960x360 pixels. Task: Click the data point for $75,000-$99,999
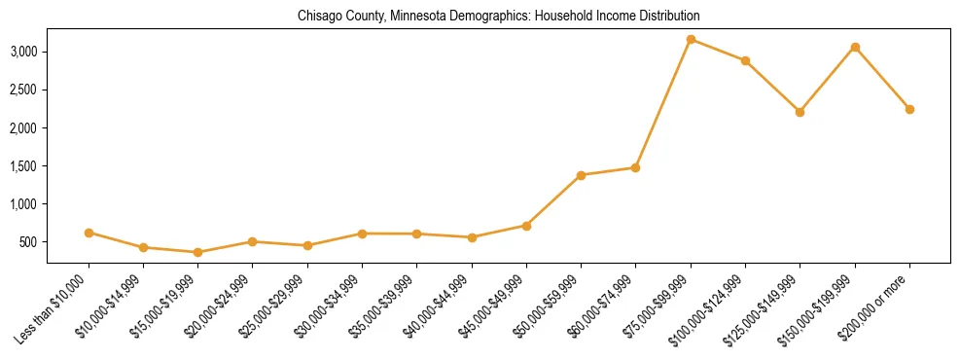click(x=691, y=39)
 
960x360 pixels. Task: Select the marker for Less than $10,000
click(x=89, y=233)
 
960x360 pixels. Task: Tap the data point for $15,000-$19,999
click(x=197, y=252)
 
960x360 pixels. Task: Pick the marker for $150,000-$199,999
click(x=855, y=47)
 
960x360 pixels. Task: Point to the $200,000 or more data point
click(x=909, y=109)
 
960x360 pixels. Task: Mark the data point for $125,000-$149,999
click(x=800, y=112)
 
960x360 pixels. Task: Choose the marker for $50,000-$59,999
click(x=581, y=175)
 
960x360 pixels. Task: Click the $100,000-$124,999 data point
click(x=745, y=60)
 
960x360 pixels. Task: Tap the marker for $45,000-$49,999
click(x=526, y=226)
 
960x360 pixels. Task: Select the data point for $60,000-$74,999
click(x=635, y=167)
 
